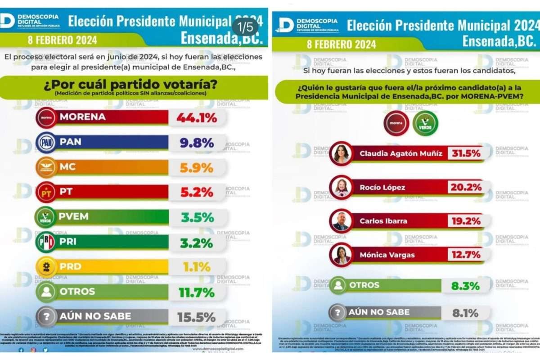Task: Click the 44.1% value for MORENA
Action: (x=197, y=118)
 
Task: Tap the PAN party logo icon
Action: (x=45, y=143)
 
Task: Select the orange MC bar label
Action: (x=67, y=167)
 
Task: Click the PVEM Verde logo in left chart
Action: (x=45, y=217)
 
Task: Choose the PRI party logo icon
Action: (x=45, y=242)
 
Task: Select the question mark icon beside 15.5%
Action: (x=45, y=316)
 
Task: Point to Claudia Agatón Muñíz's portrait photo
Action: (x=341, y=154)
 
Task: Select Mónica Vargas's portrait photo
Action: (x=341, y=255)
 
